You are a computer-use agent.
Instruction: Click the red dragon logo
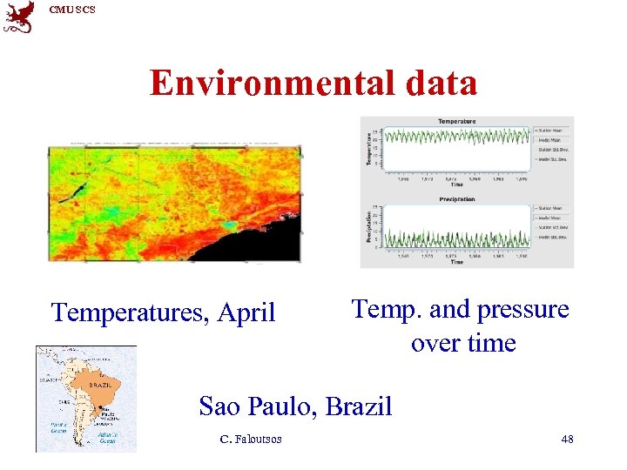[x=18, y=17]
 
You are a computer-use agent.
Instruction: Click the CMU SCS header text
[x=72, y=10]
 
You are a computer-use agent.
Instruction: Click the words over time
[x=463, y=343]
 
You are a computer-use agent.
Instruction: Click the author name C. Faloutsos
[x=251, y=440]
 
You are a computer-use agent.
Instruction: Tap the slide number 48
[x=567, y=440]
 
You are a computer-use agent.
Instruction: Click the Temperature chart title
[x=456, y=121]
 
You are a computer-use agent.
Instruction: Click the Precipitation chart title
[x=456, y=199]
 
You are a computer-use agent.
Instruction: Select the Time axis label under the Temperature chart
[x=456, y=185]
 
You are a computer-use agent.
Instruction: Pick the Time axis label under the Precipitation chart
[x=456, y=262]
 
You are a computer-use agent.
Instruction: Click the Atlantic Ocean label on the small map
[x=108, y=438]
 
